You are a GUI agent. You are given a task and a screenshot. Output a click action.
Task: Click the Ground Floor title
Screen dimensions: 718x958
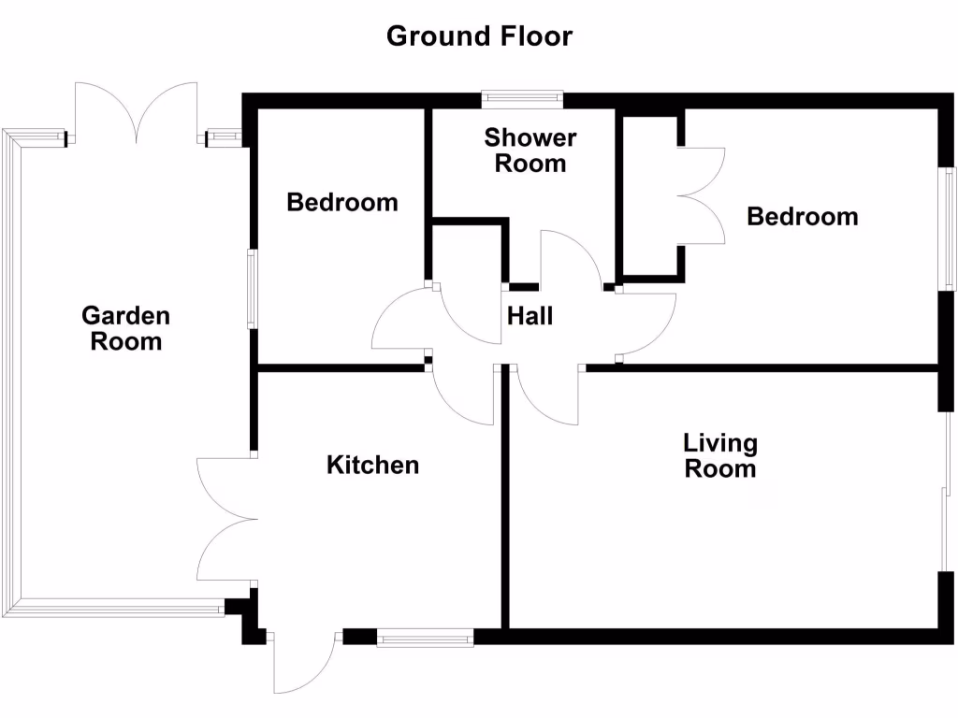point(479,36)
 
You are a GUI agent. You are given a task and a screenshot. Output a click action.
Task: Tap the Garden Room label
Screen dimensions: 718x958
point(125,328)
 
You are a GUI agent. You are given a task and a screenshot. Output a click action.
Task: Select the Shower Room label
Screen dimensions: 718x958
point(530,151)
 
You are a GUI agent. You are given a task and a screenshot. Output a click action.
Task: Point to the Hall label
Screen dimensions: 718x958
point(530,316)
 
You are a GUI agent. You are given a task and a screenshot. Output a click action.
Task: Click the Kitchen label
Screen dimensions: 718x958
point(372,465)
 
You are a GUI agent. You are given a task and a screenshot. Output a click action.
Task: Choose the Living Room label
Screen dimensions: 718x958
point(720,455)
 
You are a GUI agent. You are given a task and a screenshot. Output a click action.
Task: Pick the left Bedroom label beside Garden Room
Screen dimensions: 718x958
point(341,202)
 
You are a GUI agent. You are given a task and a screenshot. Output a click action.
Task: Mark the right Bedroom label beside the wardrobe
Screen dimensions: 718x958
point(802,217)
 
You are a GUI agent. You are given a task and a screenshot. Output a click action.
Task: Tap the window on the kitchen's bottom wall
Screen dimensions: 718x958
point(425,638)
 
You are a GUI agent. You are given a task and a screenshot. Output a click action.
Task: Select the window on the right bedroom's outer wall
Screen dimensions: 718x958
point(948,228)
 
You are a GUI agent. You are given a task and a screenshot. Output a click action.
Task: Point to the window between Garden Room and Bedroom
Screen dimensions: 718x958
point(252,288)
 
